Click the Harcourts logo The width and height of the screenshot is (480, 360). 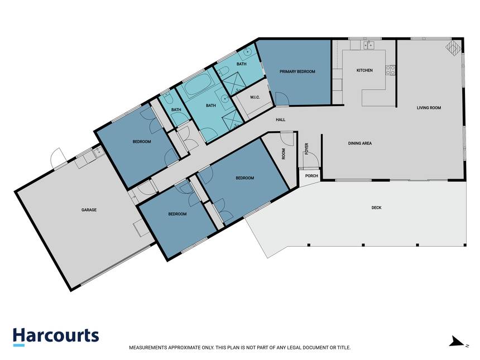[x=56, y=337]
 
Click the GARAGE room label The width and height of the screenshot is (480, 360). [x=89, y=210]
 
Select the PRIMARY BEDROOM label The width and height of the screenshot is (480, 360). [x=297, y=71]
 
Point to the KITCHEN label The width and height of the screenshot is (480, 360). [x=364, y=70]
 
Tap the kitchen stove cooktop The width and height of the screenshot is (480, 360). [x=390, y=70]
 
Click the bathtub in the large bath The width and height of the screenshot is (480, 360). [x=198, y=86]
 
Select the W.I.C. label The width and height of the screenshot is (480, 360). [x=255, y=97]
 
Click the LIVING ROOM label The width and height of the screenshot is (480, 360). [x=429, y=108]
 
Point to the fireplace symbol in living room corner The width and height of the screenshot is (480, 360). [x=453, y=48]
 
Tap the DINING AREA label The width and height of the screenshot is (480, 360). [x=359, y=143]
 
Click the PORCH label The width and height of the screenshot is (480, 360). [x=311, y=176]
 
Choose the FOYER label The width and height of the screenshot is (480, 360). [x=307, y=149]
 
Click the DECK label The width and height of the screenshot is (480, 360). [x=376, y=208]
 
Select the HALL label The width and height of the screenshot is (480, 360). [x=280, y=119]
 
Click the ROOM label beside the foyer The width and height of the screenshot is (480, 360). [x=284, y=154]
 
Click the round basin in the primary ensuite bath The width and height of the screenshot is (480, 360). [x=247, y=52]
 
